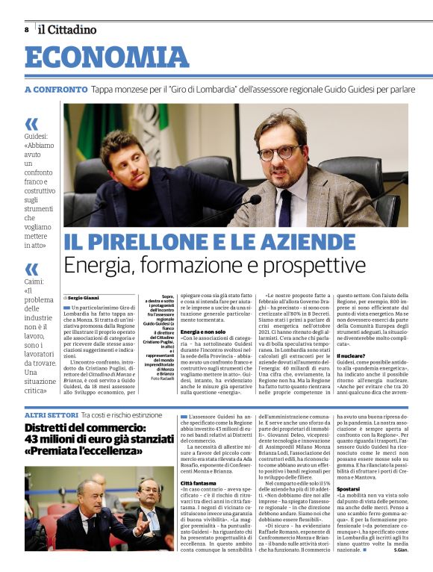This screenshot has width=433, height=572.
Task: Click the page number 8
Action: point(27,29)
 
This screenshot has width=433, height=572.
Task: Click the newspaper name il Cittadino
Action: point(68,30)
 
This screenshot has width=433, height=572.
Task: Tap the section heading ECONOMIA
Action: point(107,57)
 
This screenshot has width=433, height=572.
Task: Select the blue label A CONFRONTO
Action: point(56,90)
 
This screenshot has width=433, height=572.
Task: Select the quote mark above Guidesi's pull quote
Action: point(31,124)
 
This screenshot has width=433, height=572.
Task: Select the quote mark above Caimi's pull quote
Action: point(31,269)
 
